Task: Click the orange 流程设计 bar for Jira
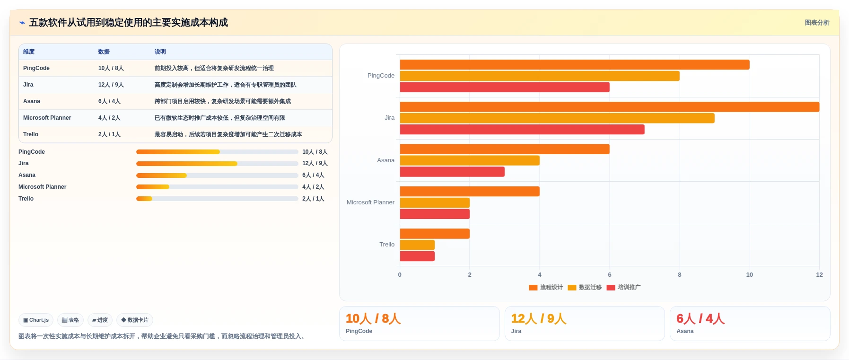click(x=610, y=107)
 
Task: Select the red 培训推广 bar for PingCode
click(x=505, y=87)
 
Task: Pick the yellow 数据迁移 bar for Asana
click(x=470, y=160)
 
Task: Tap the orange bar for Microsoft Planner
click(x=470, y=191)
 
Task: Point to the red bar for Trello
click(x=417, y=256)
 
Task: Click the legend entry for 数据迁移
click(x=585, y=287)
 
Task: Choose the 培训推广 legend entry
click(x=623, y=287)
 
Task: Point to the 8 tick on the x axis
click(x=680, y=275)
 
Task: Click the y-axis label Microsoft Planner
click(x=370, y=202)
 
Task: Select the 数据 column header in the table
click(x=104, y=52)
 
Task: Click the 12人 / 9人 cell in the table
click(x=111, y=85)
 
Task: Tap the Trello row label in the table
click(x=31, y=134)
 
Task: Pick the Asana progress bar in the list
click(x=217, y=176)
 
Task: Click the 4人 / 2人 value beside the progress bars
click(x=313, y=187)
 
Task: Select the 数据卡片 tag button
click(x=135, y=320)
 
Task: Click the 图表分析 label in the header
click(x=817, y=23)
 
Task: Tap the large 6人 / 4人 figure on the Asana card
click(x=700, y=318)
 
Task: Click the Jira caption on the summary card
click(x=516, y=331)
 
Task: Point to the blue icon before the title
click(x=22, y=23)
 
